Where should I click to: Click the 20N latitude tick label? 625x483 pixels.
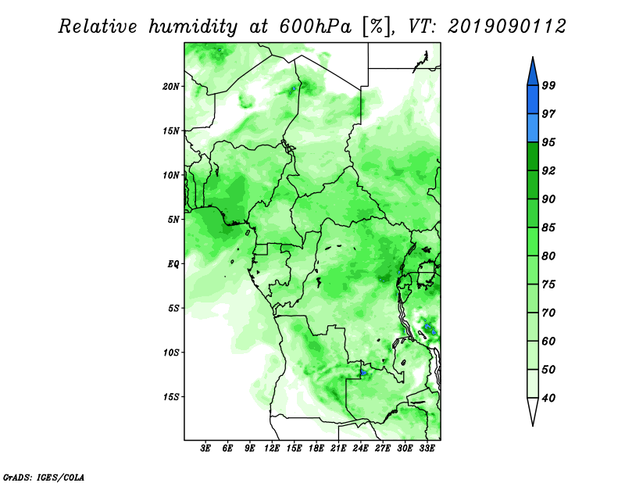pos(171,86)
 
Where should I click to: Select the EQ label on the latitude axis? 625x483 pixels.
pos(173,264)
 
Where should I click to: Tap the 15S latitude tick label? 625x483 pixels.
pos(171,397)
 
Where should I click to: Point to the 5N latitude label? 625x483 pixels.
pos(173,220)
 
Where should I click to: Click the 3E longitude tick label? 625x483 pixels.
pos(205,448)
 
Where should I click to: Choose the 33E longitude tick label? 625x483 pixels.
pos(427,448)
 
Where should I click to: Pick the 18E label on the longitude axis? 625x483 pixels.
pos(316,448)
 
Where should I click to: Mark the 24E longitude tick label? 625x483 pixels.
pos(360,448)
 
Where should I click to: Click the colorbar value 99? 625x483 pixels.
pos(548,85)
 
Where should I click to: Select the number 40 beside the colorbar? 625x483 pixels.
pos(548,398)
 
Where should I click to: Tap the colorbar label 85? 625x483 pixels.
pos(548,227)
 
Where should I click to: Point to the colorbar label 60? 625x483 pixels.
pos(548,341)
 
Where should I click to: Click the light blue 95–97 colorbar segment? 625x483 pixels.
pos(533,128)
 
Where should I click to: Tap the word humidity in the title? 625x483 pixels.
pos(193,27)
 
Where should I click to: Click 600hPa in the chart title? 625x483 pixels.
pos(316,27)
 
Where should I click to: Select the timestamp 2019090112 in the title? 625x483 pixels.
pos(506,27)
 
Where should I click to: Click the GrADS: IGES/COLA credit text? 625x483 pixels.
pos(44,477)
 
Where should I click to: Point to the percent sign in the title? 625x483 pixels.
pos(376,27)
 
